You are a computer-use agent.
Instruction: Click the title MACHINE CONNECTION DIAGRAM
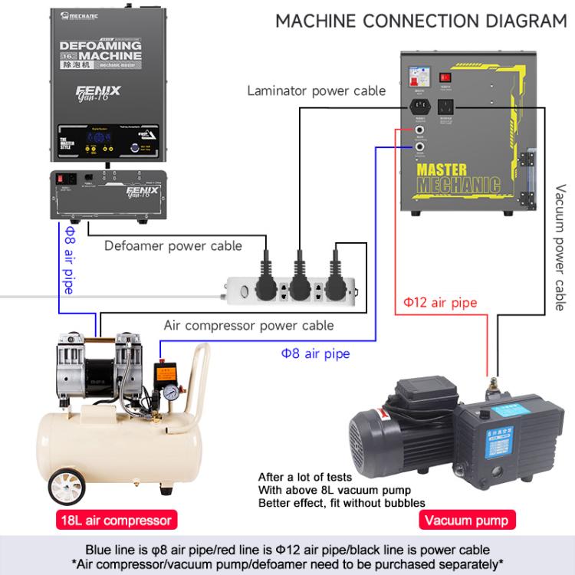point(421,21)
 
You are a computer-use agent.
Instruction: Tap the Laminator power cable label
point(316,91)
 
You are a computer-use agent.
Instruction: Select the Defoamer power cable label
point(173,246)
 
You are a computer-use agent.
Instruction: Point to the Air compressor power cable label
point(248,325)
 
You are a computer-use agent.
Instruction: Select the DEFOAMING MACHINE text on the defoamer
point(100,52)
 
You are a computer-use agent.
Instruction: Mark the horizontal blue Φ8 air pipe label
point(315,353)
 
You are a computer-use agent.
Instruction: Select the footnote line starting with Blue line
point(287,550)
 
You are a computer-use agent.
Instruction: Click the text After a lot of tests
point(305,476)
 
